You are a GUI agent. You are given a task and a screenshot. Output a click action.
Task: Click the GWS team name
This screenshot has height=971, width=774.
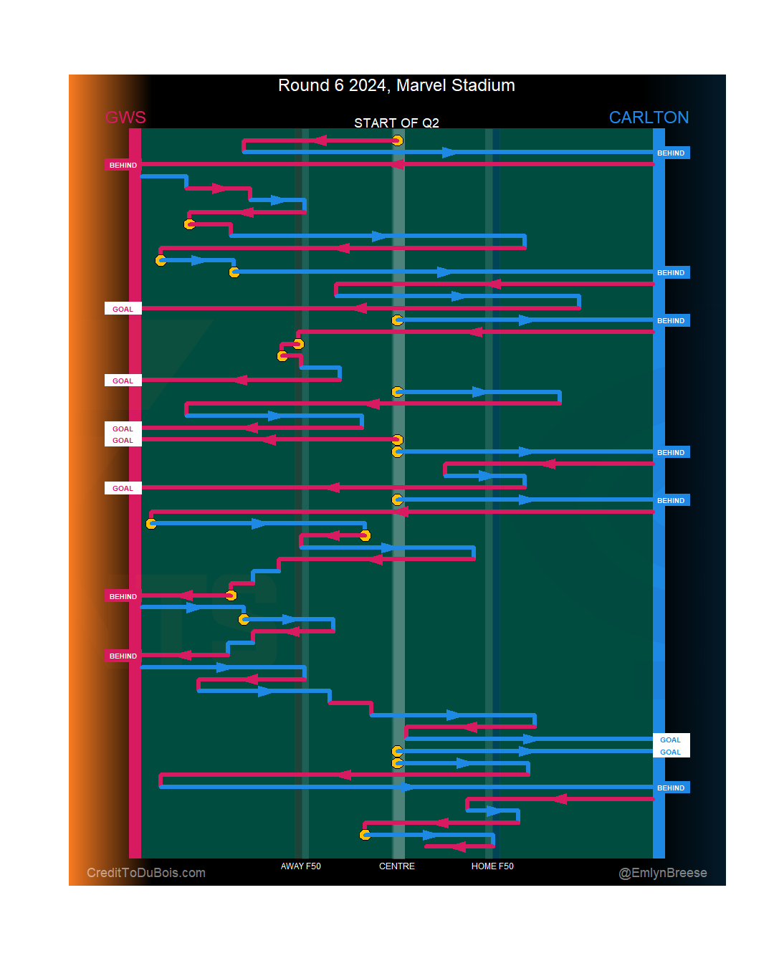pos(125,118)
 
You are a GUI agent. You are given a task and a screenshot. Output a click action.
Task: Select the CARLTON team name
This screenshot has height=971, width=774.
pos(649,118)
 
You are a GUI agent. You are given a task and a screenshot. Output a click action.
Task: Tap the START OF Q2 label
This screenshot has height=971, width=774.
pos(396,123)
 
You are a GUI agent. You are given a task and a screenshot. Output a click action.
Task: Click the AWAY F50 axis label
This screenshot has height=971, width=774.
pos(300,866)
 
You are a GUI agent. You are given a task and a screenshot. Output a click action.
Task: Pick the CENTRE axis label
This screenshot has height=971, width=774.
pos(396,866)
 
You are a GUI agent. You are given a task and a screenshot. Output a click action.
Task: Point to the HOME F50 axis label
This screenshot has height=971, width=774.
pos(492,866)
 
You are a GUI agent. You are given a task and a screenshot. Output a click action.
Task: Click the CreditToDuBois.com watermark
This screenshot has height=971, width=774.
pos(146,873)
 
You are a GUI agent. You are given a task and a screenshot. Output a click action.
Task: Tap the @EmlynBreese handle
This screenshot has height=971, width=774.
pos(663,873)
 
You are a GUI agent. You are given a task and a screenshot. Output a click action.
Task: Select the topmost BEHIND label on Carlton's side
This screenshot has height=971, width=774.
pos(671,153)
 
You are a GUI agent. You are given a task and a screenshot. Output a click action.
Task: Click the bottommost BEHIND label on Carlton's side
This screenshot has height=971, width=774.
pos(671,788)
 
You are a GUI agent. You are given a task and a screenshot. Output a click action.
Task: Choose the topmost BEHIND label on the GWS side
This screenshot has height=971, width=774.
pos(123,166)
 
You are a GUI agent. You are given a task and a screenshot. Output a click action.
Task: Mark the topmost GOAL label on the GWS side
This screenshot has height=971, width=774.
pos(123,310)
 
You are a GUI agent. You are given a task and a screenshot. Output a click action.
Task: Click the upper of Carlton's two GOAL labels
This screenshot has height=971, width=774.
pos(671,740)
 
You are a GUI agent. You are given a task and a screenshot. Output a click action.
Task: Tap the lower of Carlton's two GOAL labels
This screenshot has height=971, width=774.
pos(671,752)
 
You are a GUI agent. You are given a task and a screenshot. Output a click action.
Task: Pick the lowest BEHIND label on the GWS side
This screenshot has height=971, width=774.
pos(123,656)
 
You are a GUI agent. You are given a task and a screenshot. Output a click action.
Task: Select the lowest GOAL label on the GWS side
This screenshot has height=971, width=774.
pos(123,489)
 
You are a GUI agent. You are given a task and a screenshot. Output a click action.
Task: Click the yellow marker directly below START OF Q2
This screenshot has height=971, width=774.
pos(397,140)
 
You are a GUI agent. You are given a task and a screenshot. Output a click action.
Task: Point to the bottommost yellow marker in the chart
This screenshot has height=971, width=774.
pos(365,835)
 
